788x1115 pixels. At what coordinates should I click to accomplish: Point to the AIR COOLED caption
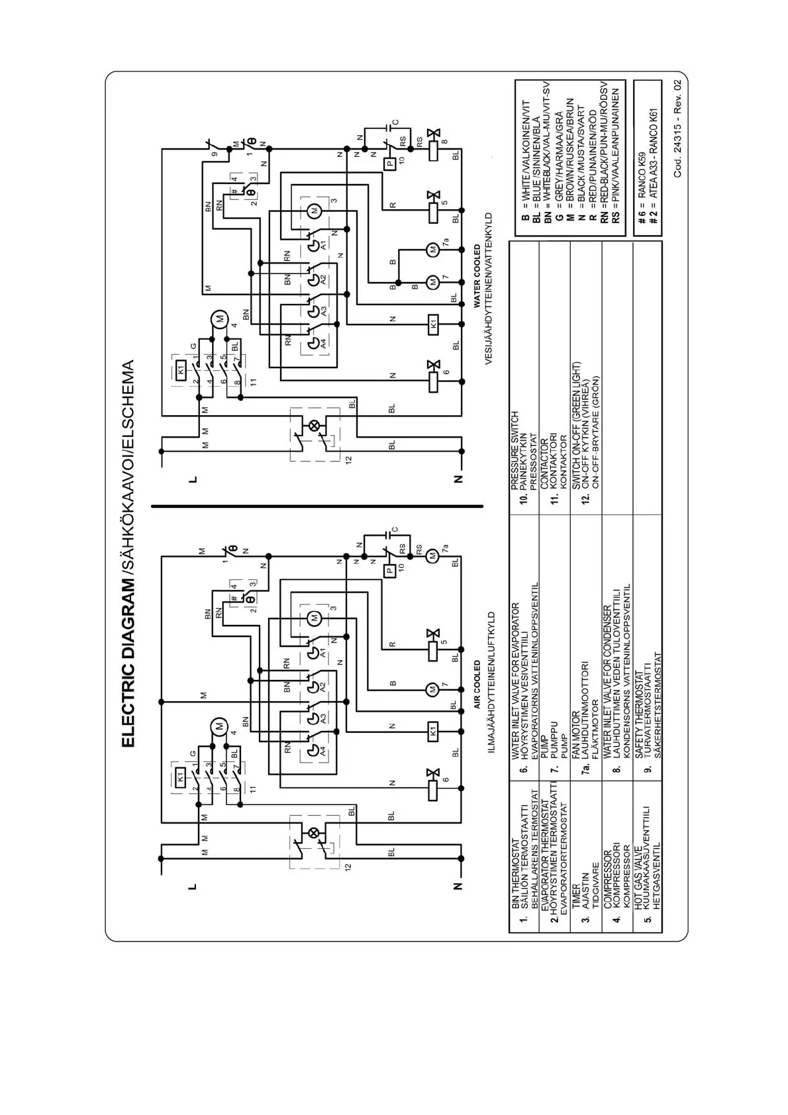[477, 684]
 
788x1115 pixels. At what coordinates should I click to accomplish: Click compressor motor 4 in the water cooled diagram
[219, 319]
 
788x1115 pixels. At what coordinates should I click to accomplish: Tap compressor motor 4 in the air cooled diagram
[219, 726]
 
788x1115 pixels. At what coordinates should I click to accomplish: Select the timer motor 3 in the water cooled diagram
[315, 210]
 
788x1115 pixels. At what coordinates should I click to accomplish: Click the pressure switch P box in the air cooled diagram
[390, 569]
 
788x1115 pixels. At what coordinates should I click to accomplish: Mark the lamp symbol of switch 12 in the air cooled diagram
[315, 833]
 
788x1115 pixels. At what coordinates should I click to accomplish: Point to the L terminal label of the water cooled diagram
[193, 479]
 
